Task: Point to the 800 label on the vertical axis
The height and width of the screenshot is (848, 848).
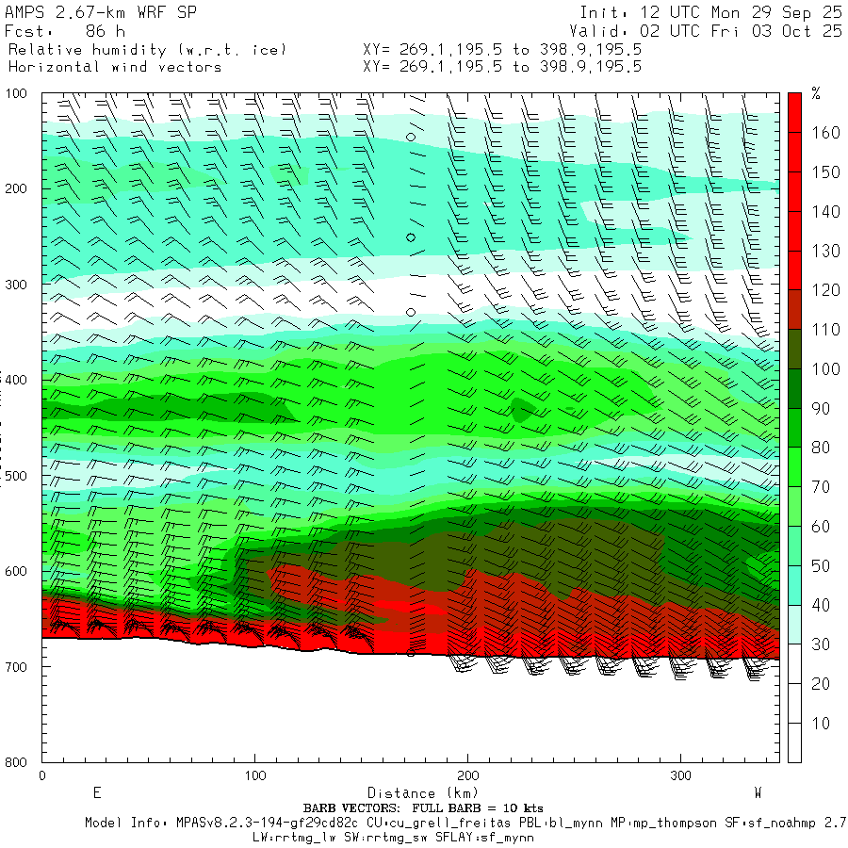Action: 18,761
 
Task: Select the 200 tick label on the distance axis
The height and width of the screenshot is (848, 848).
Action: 467,775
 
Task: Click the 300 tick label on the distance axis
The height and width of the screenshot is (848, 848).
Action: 680,775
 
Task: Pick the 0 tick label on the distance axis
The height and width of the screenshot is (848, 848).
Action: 42,775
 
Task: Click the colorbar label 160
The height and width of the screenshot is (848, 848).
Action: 826,133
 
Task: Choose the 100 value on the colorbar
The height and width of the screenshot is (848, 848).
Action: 826,368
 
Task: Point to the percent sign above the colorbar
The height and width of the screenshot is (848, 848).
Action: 816,93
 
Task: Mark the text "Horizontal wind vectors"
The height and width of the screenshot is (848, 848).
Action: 115,67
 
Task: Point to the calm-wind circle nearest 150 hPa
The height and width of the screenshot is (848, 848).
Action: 411,137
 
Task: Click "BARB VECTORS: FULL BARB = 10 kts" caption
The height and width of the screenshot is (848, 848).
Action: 423,808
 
